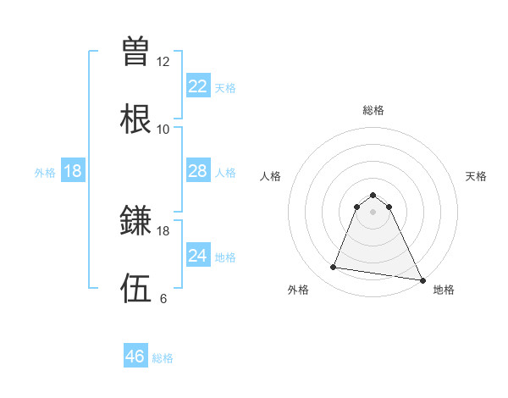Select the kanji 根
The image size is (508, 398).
coord(136,119)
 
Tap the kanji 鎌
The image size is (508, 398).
coord(136,222)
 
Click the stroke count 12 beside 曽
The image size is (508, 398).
coord(163,62)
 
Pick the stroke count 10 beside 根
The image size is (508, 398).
coord(163,130)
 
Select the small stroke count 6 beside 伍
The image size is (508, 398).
coord(163,299)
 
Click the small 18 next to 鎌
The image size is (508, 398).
coord(163,231)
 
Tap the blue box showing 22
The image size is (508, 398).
coord(197,86)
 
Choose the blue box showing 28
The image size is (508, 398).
coord(197,171)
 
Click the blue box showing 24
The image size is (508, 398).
coord(197,256)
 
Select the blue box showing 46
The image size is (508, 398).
coord(135,357)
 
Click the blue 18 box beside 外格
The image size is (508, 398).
coord(73,171)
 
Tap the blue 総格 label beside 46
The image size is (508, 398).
coord(163,358)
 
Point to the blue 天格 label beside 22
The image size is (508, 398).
coord(225,88)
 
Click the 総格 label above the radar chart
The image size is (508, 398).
coord(373,110)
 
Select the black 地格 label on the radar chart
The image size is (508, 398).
coord(444,290)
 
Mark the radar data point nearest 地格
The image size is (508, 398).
coord(422,279)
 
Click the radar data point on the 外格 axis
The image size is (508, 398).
coord(334,268)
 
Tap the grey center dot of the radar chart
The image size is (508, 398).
coord(373,212)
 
